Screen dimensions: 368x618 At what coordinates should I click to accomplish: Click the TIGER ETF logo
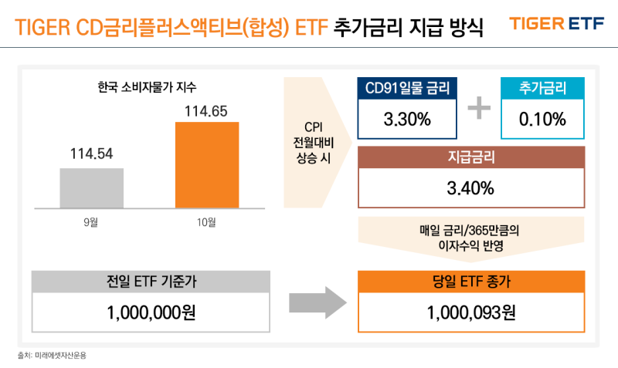(556, 23)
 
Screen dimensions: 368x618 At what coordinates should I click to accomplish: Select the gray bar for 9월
(91, 187)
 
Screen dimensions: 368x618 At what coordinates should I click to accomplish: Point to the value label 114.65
(206, 111)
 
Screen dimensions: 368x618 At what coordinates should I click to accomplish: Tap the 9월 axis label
(91, 222)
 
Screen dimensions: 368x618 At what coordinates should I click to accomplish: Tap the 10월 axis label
(206, 222)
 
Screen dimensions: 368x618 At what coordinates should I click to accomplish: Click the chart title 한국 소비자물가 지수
(141, 86)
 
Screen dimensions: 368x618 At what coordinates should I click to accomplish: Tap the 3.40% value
(470, 187)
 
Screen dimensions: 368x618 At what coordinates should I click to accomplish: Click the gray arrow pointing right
(314, 302)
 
